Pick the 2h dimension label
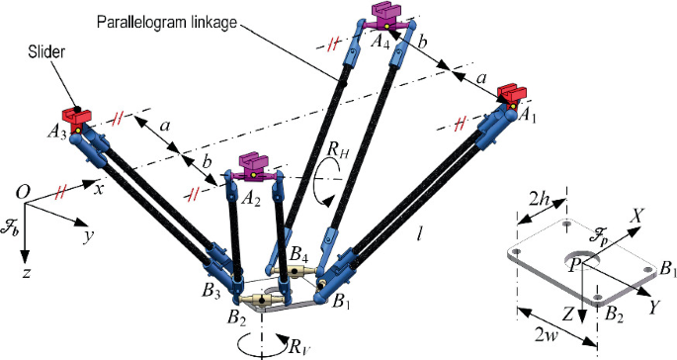(x=540, y=195)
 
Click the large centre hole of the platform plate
(x=590, y=261)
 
